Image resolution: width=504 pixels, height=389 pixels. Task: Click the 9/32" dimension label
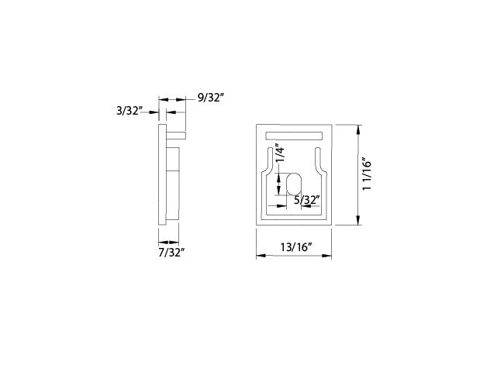pyautogui.click(x=211, y=97)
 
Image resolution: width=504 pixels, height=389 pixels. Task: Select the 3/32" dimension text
pyautogui.click(x=129, y=111)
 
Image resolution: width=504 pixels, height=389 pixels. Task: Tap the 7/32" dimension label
pyautogui.click(x=171, y=253)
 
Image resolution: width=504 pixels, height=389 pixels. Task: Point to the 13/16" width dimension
pyautogui.click(x=296, y=247)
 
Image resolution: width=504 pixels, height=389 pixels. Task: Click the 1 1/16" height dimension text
pyautogui.click(x=367, y=174)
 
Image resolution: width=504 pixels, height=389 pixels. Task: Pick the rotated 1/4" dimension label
pyautogui.click(x=280, y=154)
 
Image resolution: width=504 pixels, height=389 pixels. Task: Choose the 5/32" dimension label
pyautogui.click(x=307, y=200)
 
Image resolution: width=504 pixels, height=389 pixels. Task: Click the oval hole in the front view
pyautogui.click(x=294, y=184)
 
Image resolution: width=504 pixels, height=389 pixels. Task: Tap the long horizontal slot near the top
pyautogui.click(x=294, y=136)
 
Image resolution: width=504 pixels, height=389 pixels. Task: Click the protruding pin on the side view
pyautogui.click(x=176, y=135)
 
